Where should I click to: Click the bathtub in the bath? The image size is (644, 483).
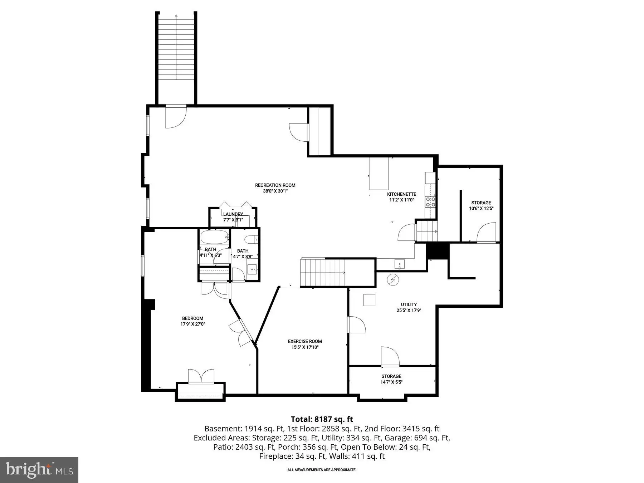click(214, 237)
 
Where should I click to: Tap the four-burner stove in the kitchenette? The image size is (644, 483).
click(430, 202)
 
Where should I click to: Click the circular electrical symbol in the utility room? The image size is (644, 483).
click(393, 279)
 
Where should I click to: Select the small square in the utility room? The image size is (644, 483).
click(369, 300)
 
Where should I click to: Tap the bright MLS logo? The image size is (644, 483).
click(39, 470)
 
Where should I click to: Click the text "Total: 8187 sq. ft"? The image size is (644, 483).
click(322, 419)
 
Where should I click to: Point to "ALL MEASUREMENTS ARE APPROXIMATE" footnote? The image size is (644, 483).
click(322, 470)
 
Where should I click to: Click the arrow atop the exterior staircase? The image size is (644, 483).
click(176, 16)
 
